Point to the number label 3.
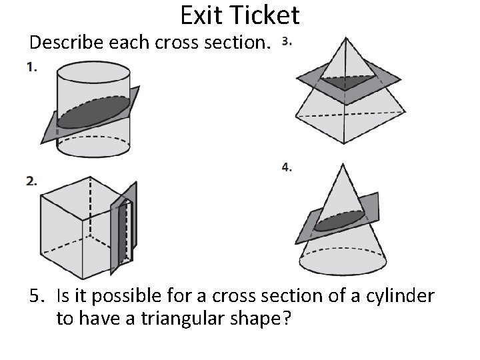(x=286, y=42)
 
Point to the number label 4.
(x=286, y=167)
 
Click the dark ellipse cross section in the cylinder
(x=94, y=111)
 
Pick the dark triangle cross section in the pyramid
(x=346, y=82)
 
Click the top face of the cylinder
(x=93, y=71)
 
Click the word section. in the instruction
(x=241, y=43)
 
